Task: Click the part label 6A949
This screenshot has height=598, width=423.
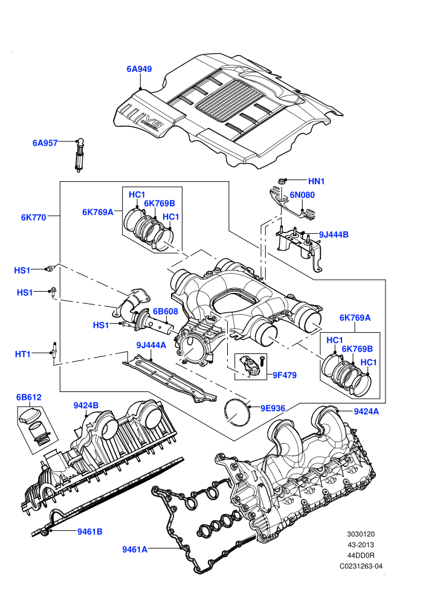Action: pyautogui.click(x=139, y=69)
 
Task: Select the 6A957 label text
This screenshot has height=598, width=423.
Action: pyautogui.click(x=45, y=143)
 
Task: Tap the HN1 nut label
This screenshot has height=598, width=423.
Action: pyautogui.click(x=316, y=182)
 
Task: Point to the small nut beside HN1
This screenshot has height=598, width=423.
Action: pyautogui.click(x=282, y=181)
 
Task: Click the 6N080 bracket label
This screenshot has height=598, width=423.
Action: pyautogui.click(x=302, y=195)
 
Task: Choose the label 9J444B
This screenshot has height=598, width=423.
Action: pyautogui.click(x=334, y=234)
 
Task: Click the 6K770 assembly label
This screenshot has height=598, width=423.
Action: pyautogui.click(x=34, y=217)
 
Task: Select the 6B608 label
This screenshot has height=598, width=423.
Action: pyautogui.click(x=166, y=312)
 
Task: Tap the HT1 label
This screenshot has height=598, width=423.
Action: pyautogui.click(x=23, y=355)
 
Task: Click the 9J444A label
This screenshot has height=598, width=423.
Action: pyautogui.click(x=151, y=345)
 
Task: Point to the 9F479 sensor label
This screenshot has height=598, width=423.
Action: pyautogui.click(x=285, y=375)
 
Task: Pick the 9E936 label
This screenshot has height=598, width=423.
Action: pyautogui.click(x=273, y=408)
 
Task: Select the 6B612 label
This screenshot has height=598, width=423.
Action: pyautogui.click(x=28, y=397)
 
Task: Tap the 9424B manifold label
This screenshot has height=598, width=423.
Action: pyautogui.click(x=86, y=405)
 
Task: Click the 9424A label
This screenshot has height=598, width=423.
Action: pyautogui.click(x=367, y=411)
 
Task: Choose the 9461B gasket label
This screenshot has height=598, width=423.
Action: pyautogui.click(x=90, y=532)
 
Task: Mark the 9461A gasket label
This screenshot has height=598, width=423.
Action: pyautogui.click(x=135, y=550)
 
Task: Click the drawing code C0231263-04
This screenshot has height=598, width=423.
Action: pyautogui.click(x=361, y=567)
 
